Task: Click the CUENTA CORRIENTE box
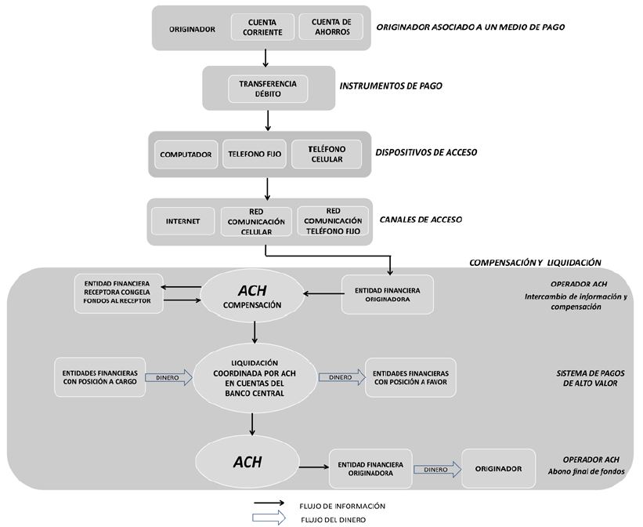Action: pos(262,27)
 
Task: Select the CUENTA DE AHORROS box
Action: pos(331,27)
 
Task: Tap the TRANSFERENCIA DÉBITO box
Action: pos(269,89)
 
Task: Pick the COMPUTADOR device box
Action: pos(186,154)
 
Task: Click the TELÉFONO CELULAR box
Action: pos(327,154)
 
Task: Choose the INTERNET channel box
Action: pos(182,222)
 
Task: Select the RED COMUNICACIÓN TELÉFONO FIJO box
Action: pos(333,222)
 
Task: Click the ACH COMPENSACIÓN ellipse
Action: pos(251,296)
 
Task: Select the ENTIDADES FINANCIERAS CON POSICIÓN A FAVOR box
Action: pos(410,376)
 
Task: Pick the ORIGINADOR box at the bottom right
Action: pos(498,468)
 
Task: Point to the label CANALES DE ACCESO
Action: pos(420,220)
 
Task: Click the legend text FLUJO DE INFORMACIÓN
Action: pos(341,506)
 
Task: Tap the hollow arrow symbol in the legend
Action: pos(267,518)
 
